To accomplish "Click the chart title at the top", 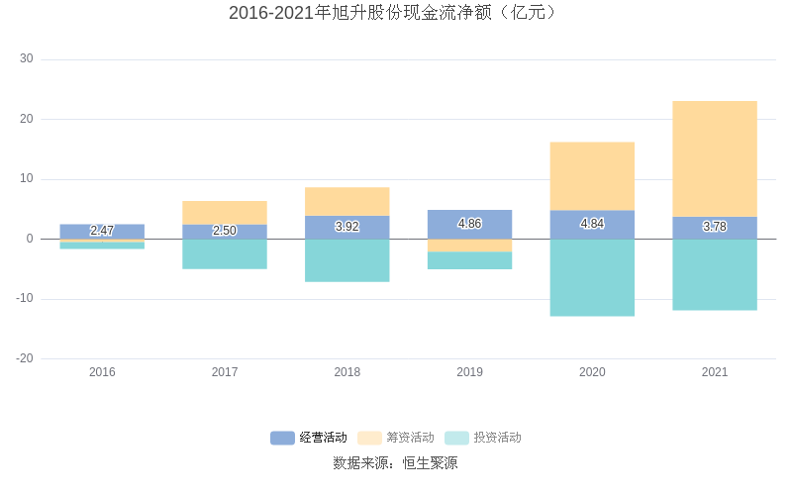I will [x=395, y=13].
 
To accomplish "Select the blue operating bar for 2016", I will [x=102, y=231].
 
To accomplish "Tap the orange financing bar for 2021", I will [x=714, y=158].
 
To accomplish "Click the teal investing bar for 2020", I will [x=592, y=278].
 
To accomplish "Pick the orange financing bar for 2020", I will [x=592, y=176].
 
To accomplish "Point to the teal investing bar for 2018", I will [x=346, y=260].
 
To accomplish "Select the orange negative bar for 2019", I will [x=469, y=246].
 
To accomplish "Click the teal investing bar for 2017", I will [x=225, y=254].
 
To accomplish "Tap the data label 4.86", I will [x=469, y=224].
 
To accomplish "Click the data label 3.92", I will [x=346, y=227].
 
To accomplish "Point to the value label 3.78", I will [x=714, y=227].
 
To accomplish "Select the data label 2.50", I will [x=225, y=231].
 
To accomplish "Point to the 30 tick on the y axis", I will [x=26, y=59].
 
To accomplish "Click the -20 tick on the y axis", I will [x=24, y=358].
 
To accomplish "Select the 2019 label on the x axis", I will [x=469, y=372].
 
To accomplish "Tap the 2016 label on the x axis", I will [x=102, y=372].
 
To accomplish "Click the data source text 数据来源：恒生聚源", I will [x=395, y=463].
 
